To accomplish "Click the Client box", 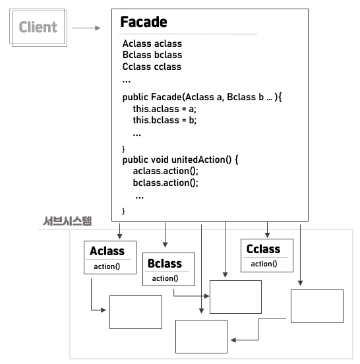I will tap(38, 28).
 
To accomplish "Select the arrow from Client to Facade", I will tap(86, 28).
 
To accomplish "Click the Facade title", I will tap(143, 22).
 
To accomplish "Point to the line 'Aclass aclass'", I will tap(152, 44).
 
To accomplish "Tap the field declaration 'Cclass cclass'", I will tap(152, 67).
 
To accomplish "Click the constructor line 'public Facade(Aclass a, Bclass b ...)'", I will tap(202, 97).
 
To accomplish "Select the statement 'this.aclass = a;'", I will tap(164, 109).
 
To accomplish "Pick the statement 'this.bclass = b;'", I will tap(164, 121).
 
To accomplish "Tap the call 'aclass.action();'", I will tap(165, 171).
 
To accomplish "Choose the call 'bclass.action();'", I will tap(165, 183).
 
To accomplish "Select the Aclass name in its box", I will tap(107, 251).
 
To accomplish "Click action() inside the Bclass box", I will tap(164, 278).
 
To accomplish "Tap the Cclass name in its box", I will tap(263, 249).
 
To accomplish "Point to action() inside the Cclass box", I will tap(262, 264).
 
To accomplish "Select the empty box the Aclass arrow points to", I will tap(135, 312).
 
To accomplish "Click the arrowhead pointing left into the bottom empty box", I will tap(233, 340).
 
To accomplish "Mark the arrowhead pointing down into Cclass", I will tap(267, 233).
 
